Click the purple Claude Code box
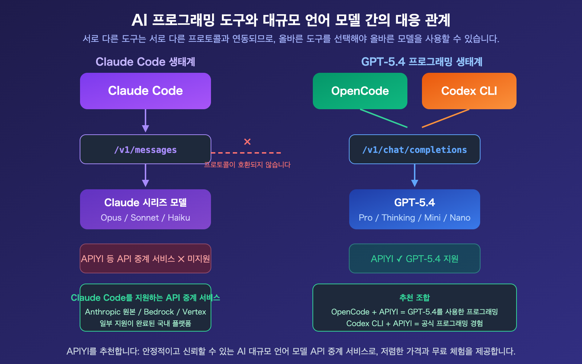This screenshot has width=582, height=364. pos(145,91)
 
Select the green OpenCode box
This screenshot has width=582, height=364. pos(360,91)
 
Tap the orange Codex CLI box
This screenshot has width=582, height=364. pos(469,91)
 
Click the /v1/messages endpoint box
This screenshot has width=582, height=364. pos(145,150)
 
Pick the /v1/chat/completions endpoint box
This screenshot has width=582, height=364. pos(415,150)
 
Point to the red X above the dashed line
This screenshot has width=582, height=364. pos(247,142)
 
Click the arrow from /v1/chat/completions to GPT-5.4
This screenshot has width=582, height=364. pos(415,176)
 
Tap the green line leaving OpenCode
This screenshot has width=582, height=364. pos(384,118)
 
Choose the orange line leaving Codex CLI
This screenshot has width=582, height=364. pos(446,118)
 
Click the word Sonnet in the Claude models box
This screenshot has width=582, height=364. pos(145,218)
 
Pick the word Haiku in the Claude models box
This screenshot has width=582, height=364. pos(179,218)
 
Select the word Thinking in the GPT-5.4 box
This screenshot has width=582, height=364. pos(398,218)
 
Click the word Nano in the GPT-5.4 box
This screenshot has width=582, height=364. pos(460,218)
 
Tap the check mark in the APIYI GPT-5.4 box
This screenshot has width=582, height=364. pos(399,259)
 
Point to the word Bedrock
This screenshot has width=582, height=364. pos(159,312)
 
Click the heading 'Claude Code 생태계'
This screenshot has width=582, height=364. pos(145,62)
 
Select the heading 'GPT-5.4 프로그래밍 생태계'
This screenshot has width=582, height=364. pos(422,62)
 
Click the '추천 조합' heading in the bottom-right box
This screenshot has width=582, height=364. pos(415,298)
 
